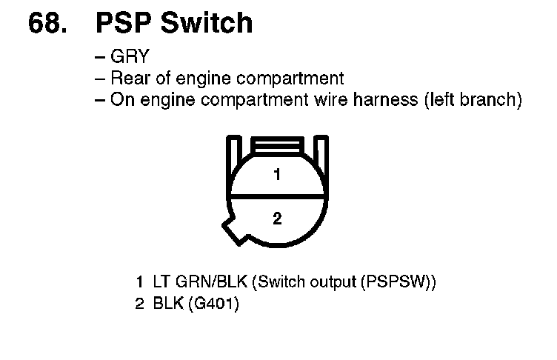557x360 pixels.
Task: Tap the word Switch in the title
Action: [x=207, y=23]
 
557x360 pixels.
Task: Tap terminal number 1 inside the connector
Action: [x=276, y=176]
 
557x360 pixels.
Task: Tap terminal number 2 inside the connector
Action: [x=276, y=219]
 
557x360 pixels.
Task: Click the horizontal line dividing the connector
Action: [x=276, y=196]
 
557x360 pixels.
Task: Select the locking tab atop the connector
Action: [x=276, y=144]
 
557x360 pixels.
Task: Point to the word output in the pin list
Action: [x=328, y=282]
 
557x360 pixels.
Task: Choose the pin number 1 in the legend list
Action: [x=139, y=282]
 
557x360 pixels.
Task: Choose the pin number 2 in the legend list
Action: [x=139, y=304]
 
